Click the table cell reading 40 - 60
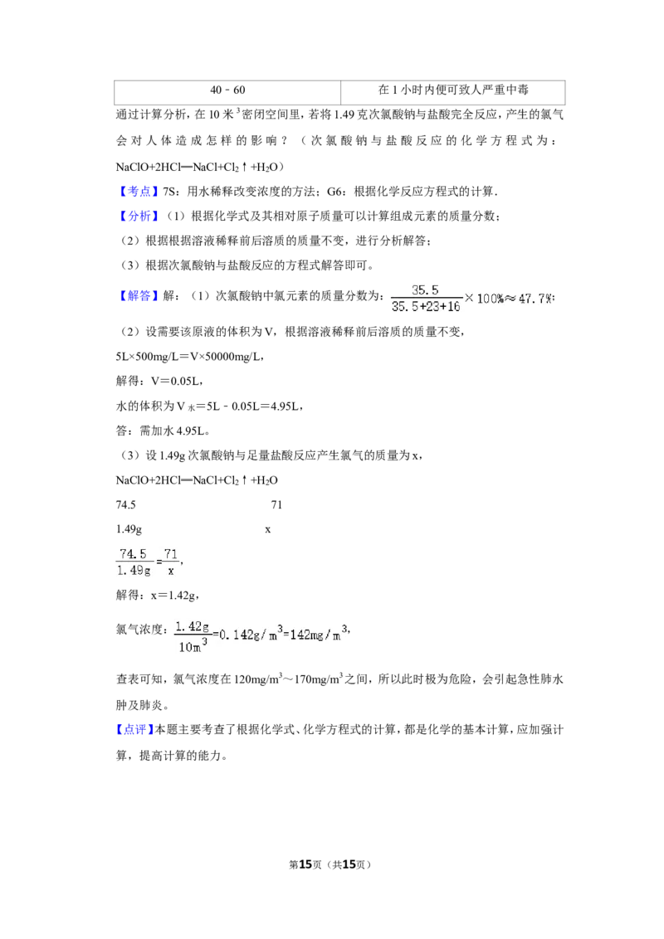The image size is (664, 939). coord(227,90)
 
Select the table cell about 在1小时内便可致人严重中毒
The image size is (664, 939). coord(453,90)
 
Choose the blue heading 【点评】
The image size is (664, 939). coord(134,729)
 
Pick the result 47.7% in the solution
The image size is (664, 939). coord(535,299)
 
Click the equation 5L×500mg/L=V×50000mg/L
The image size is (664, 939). coord(190,357)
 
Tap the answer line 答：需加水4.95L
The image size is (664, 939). coord(163,431)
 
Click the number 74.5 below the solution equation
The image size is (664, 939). coord(126,505)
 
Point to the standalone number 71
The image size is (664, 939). coord(276,505)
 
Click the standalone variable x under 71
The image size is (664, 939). coord(268,530)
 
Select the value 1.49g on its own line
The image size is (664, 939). coord(129,529)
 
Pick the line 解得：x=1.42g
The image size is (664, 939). coord(157,596)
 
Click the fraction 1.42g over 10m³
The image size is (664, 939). coord(192,636)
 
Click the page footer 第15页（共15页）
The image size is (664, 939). coord(330,864)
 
